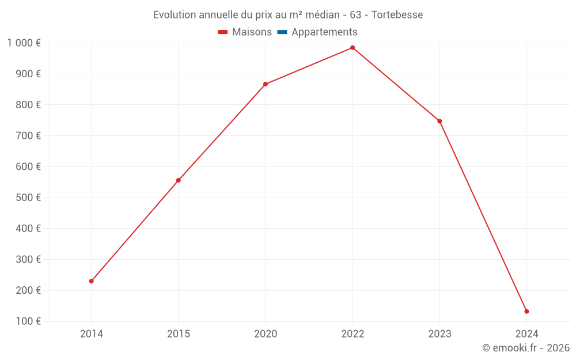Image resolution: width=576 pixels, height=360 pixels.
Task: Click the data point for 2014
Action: click(91, 281)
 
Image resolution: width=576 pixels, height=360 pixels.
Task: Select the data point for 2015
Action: click(179, 180)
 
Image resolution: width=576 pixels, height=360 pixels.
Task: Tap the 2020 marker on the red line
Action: click(266, 84)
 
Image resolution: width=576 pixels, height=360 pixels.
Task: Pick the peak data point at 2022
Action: click(353, 48)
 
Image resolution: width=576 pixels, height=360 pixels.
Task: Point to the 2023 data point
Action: click(439, 121)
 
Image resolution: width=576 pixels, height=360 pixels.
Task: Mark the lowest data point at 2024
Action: click(526, 312)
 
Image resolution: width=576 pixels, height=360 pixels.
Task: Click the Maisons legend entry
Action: click(252, 32)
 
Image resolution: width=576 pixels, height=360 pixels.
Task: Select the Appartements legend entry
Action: click(324, 32)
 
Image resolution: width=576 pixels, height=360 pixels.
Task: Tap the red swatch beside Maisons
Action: click(223, 32)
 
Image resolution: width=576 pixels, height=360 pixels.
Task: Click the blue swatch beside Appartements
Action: click(282, 32)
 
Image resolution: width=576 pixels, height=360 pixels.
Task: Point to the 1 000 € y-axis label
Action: click(24, 43)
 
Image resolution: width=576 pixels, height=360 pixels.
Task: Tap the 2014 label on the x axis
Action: click(91, 334)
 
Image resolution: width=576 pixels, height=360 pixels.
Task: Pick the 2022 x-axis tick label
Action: click(353, 334)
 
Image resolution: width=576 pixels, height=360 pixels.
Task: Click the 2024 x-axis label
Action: click(526, 334)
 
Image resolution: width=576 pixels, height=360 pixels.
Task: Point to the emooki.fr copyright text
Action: click(526, 348)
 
